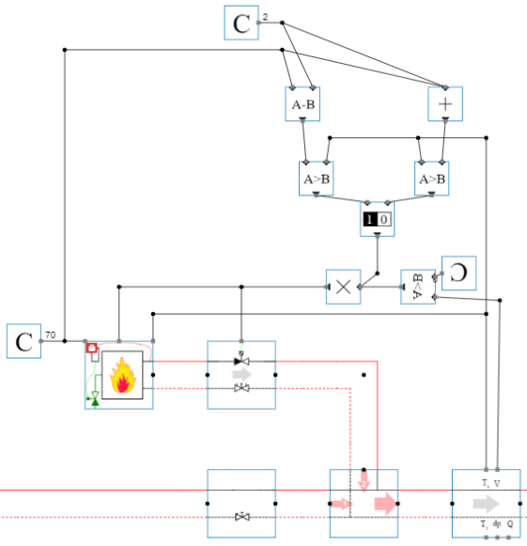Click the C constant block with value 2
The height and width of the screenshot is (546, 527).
(241, 23)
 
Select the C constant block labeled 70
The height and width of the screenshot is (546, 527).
(23, 341)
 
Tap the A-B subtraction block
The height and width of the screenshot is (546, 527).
(302, 104)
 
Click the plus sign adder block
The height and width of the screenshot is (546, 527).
(445, 104)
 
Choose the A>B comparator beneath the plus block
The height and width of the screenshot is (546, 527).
(431, 178)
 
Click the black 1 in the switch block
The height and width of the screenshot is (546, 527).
(370, 219)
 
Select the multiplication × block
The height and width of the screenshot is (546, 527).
(343, 288)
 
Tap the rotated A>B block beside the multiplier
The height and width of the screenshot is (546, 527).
(417, 288)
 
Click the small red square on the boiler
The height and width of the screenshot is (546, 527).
(92, 349)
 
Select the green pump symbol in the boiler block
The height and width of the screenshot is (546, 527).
(94, 397)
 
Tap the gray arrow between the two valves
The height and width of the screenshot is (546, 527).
(241, 373)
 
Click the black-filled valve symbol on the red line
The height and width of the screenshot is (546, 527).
(241, 361)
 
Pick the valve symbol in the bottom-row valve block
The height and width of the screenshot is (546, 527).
(241, 517)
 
